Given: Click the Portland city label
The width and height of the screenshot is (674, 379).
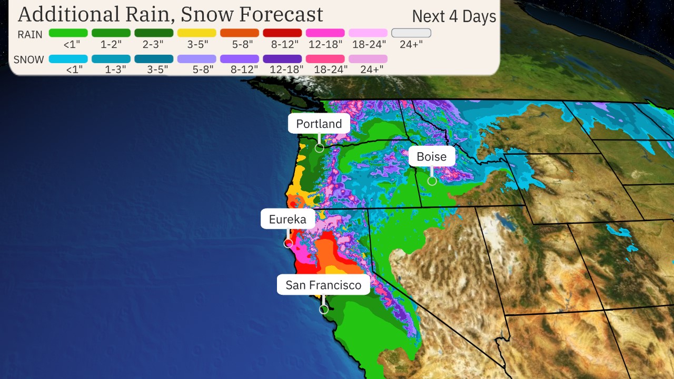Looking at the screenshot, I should point(319,124).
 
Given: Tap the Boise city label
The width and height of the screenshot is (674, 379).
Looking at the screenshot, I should point(431,156).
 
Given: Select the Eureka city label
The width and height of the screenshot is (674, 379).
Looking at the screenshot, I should point(288,219).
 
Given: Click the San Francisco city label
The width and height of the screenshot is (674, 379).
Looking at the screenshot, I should point(323,285).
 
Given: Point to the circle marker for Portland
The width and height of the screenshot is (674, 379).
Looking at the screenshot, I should point(319,148).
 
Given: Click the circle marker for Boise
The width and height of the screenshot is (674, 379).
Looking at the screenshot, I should point(432,181).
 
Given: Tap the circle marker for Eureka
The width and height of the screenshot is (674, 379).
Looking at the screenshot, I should point(288,243).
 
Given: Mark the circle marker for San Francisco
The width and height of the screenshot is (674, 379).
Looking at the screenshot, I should point(324,310).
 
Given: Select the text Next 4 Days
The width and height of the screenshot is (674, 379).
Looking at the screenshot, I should point(454,16).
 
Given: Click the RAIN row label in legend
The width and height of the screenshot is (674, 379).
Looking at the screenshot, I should point(30,34).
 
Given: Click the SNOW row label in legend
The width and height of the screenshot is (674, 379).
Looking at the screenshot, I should point(29,59).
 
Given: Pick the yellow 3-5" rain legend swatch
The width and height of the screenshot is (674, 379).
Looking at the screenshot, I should point(196,33).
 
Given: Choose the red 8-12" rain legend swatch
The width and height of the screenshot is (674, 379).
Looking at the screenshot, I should point(282,33).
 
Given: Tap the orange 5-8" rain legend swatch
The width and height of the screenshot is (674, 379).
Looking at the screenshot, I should point(240,33).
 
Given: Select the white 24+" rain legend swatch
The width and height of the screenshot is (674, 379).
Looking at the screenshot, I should point(411,33).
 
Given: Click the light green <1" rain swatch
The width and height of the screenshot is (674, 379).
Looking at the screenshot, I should point(68,33).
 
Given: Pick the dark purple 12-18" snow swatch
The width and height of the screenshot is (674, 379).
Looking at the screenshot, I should point(282,59).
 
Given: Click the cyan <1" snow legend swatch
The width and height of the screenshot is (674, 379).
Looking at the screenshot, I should point(68,59).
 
